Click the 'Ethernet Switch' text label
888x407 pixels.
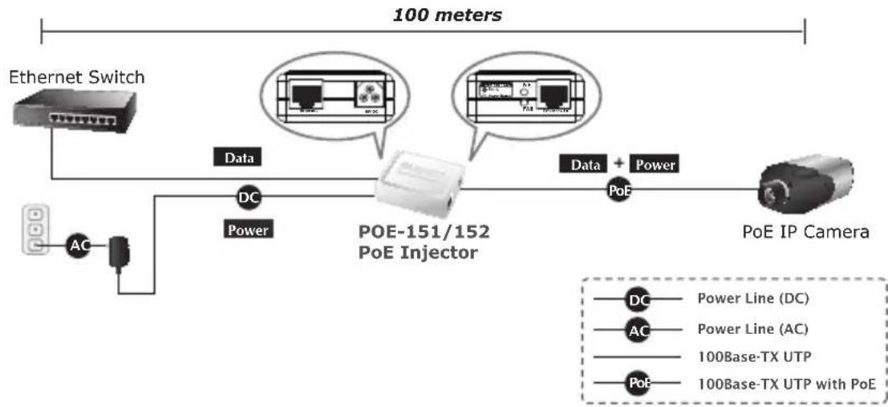coord(76,78)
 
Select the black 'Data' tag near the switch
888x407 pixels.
coord(239,159)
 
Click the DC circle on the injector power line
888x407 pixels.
coord(245,197)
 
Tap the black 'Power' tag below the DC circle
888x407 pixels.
coord(248,230)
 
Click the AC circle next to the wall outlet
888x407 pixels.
coord(77,246)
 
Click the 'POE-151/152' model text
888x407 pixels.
coord(423,233)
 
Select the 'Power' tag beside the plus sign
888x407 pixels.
coord(655,165)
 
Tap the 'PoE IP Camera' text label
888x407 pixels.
coord(805,233)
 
